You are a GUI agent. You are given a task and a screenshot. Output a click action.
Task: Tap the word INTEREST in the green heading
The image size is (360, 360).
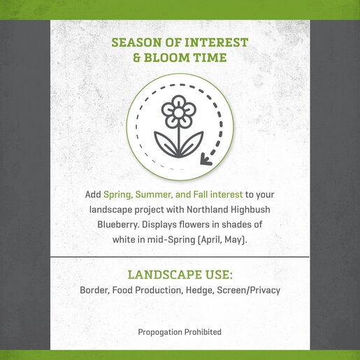216,43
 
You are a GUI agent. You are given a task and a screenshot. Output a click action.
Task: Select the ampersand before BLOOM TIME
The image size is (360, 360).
137,57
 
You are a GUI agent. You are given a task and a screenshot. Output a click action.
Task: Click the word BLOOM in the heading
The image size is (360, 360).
167,57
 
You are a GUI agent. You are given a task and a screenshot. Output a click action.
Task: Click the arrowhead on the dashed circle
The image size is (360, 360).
206,159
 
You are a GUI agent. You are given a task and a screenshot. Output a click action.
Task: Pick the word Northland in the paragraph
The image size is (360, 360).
207,210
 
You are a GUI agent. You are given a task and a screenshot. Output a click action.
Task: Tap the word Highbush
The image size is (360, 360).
250,210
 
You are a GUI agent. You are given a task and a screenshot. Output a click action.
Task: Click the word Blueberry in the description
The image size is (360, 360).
118,224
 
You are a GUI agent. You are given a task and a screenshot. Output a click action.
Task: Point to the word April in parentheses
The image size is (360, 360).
210,240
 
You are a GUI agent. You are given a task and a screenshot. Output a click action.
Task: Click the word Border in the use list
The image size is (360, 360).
94,290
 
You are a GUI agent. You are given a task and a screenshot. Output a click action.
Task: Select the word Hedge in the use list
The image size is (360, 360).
200,290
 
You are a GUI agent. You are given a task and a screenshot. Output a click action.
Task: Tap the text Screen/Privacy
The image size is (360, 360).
249,290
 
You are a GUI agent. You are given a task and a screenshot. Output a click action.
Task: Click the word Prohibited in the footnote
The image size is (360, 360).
203,332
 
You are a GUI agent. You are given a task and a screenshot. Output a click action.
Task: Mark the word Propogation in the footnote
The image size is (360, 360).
160,332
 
